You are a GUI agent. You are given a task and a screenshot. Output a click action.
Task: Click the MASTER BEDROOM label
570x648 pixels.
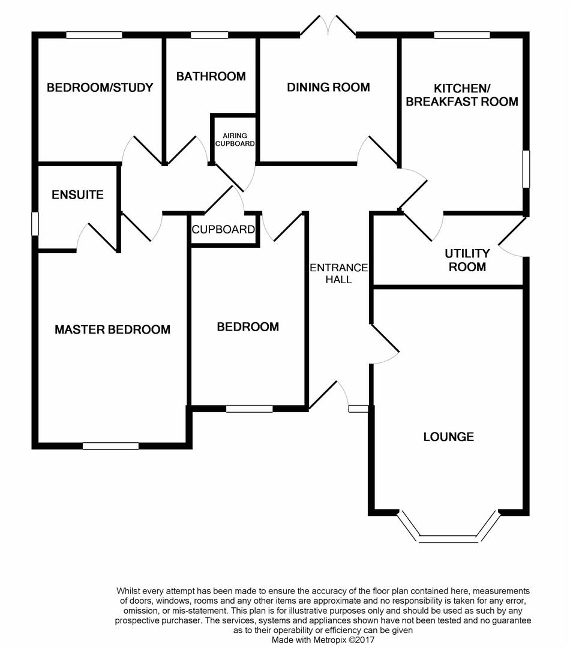point(112,329)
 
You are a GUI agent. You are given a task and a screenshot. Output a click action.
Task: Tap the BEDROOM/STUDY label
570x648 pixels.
point(100,88)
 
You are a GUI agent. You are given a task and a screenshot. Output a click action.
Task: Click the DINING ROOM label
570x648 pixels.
point(328,88)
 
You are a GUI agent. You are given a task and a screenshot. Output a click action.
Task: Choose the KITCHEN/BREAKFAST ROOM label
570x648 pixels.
point(462,94)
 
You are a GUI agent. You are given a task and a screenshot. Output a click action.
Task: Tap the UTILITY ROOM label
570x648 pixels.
point(468,260)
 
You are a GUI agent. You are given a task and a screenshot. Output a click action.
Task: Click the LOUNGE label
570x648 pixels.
point(448,437)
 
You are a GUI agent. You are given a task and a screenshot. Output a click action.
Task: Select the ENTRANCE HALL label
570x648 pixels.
point(339,273)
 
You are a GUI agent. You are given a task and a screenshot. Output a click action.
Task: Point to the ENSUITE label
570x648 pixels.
point(77,195)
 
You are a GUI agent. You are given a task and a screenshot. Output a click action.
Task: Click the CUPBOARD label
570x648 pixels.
point(223,230)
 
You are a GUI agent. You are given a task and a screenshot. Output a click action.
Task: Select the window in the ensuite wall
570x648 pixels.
point(35,223)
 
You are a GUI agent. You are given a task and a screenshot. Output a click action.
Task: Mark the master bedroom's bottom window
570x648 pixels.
point(110,446)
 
